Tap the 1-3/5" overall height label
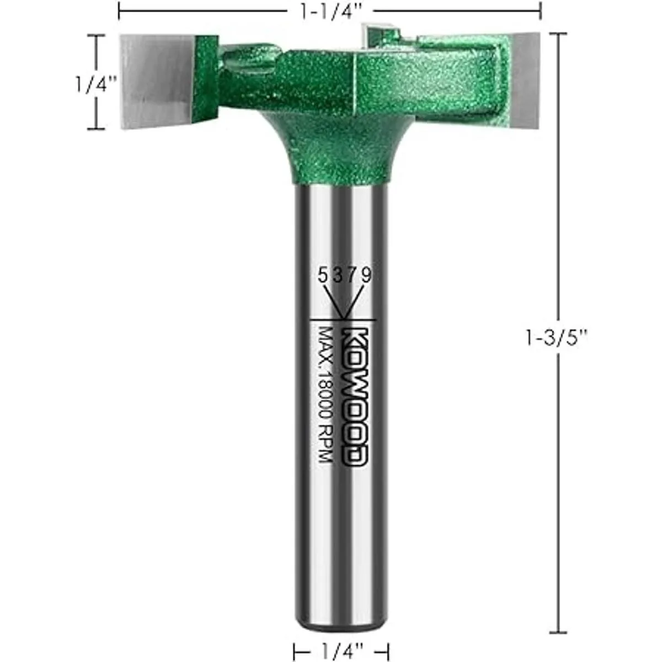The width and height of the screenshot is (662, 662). coord(556,338)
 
